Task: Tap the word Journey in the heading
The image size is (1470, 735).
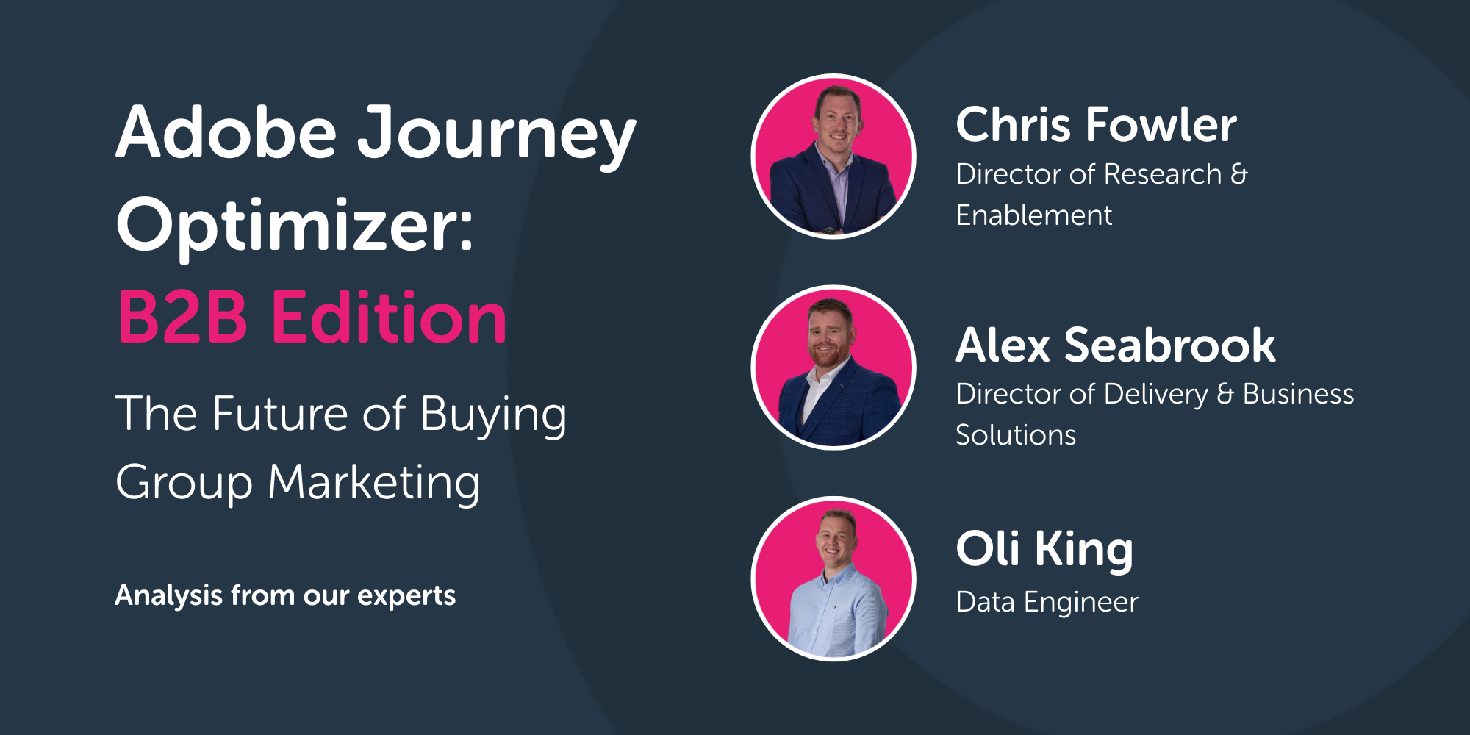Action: [497, 137]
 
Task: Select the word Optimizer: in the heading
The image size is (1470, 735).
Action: [295, 227]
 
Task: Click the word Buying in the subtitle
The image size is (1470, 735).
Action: [493, 416]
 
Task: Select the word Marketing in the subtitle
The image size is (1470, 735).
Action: [374, 484]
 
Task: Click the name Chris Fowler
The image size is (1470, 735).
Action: [1096, 124]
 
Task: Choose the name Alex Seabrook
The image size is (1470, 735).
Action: [1116, 345]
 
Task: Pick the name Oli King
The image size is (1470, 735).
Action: [1044, 550]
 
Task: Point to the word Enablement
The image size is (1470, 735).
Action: [1033, 215]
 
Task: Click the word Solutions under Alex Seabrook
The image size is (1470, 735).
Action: [1016, 435]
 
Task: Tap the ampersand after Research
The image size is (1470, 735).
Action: [1238, 174]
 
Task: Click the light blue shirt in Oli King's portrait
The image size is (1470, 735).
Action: [836, 614]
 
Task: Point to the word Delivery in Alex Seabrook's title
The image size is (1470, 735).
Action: [1155, 395]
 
